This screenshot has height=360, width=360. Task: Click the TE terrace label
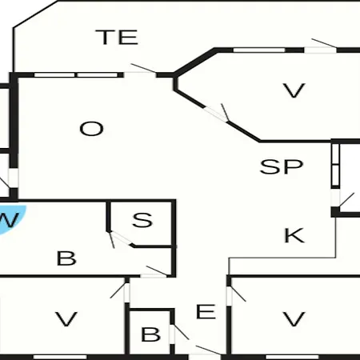pos(117,37)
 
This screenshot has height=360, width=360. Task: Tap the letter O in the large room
pos(91,129)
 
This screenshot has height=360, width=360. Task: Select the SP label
pos(282,166)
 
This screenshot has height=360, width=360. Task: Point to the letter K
pos(294,235)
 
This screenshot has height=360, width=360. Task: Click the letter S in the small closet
pos(142,220)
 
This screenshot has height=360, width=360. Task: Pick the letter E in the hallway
pos(206,311)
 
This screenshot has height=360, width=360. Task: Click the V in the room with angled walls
pos(294,90)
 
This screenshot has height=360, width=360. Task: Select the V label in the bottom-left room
pos(66,319)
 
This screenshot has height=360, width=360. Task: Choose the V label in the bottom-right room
pos(294,319)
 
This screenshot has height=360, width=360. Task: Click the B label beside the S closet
pos(66,258)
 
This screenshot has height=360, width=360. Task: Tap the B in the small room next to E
pos(150,334)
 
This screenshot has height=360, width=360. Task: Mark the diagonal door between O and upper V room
pos(217,113)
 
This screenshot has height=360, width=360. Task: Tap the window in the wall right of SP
pos(335,166)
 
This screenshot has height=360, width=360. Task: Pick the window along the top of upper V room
pos(259,50)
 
